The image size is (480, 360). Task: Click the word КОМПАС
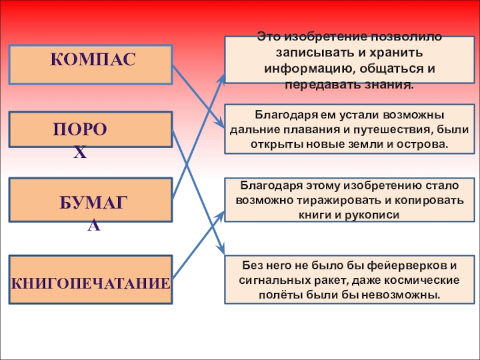pyautogui.click(x=92, y=60)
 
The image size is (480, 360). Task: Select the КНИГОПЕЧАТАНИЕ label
pyautogui.click(x=91, y=282)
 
